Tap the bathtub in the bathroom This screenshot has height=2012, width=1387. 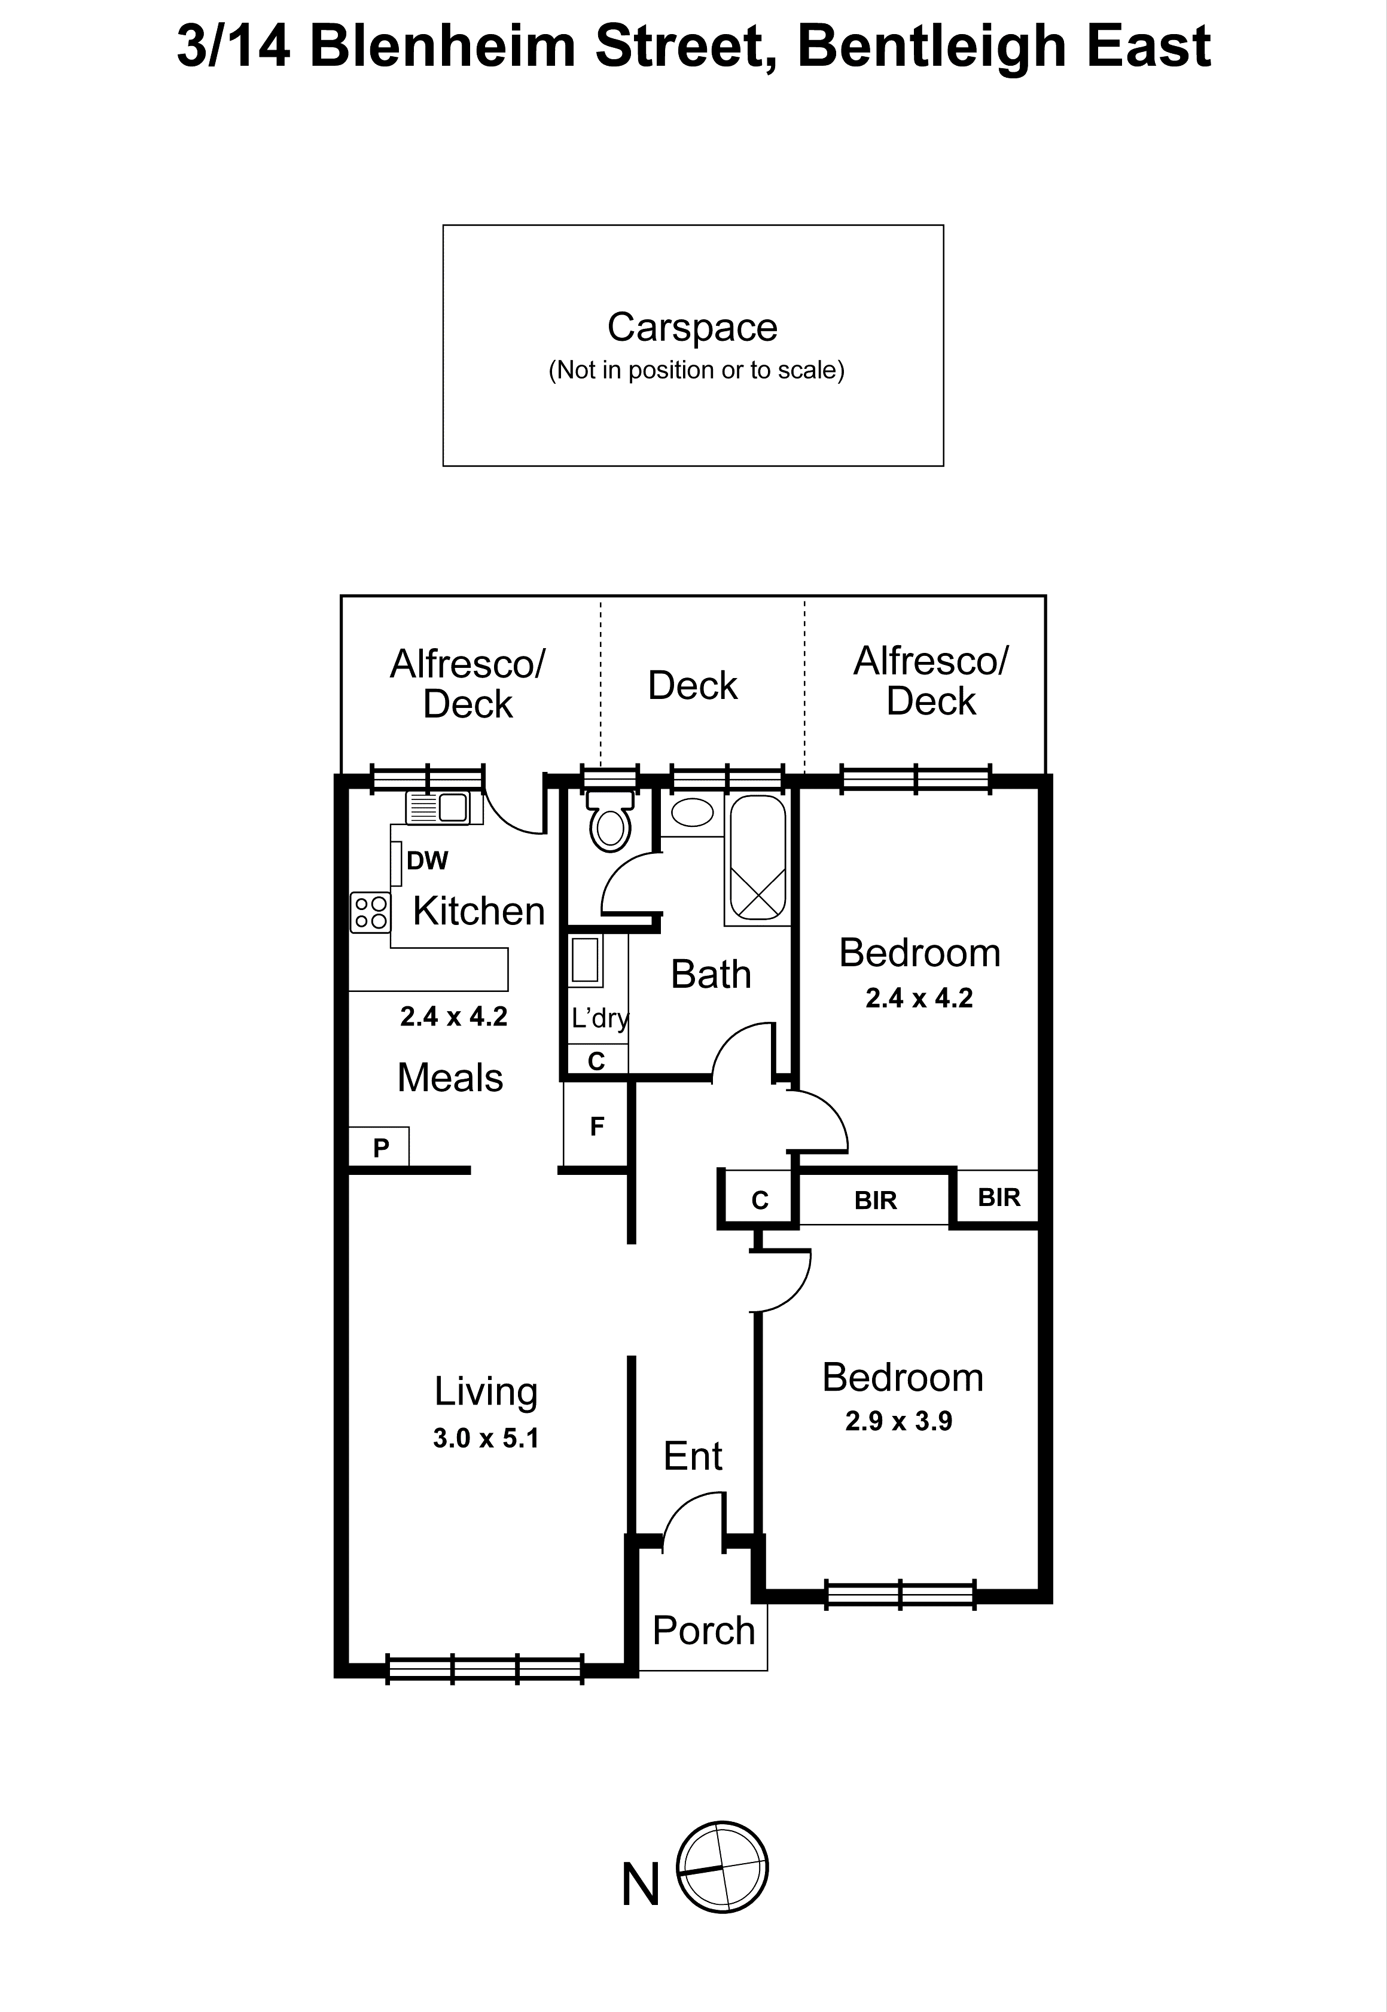tap(757, 859)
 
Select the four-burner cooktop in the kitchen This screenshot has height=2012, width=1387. tap(370, 912)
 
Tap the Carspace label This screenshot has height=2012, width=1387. tap(692, 328)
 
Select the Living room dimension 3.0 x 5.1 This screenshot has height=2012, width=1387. tap(486, 1438)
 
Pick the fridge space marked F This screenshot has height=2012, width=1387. tap(596, 1126)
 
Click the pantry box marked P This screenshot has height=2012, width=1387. tap(380, 1147)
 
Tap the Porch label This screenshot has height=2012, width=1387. tap(703, 1631)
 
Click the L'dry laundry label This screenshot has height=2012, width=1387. tap(599, 1016)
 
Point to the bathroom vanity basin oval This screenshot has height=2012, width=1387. tap(693, 812)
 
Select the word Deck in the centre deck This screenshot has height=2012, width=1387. tap(692, 685)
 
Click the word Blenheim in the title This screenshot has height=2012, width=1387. tap(443, 46)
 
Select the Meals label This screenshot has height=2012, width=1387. tap(449, 1077)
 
